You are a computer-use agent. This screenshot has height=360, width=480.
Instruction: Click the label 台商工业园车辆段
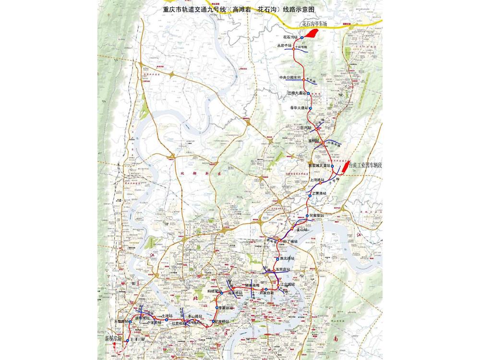(x=366, y=165)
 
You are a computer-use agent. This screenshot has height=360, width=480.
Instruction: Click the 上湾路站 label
(x=317, y=180)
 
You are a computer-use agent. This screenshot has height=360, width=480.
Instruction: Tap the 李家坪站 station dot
(x=216, y=308)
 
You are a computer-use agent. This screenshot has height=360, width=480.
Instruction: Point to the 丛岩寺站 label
(x=285, y=45)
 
